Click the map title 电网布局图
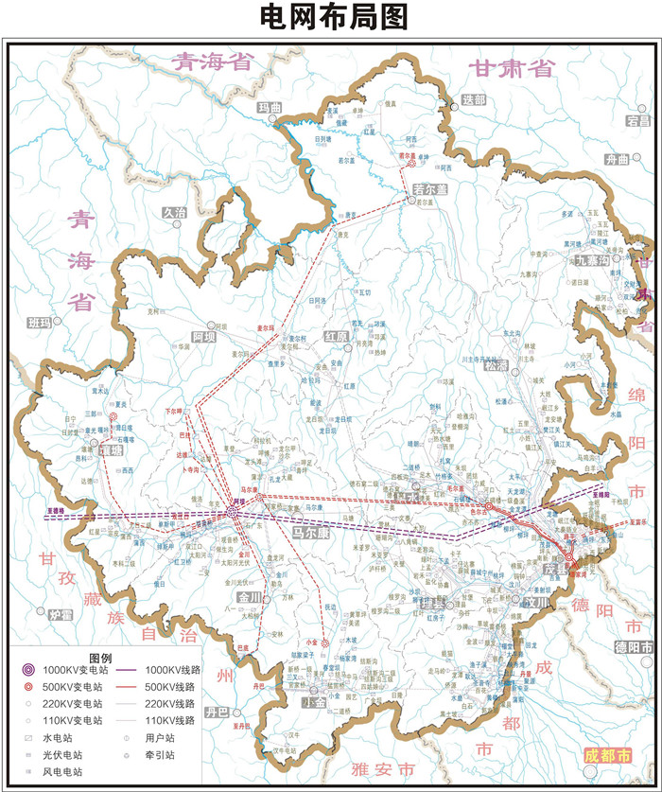[331, 17]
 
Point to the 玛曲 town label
[270, 108]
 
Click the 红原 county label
[337, 336]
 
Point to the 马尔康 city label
[309, 535]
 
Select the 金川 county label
[250, 598]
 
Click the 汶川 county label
[536, 600]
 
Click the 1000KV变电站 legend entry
[70, 670]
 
